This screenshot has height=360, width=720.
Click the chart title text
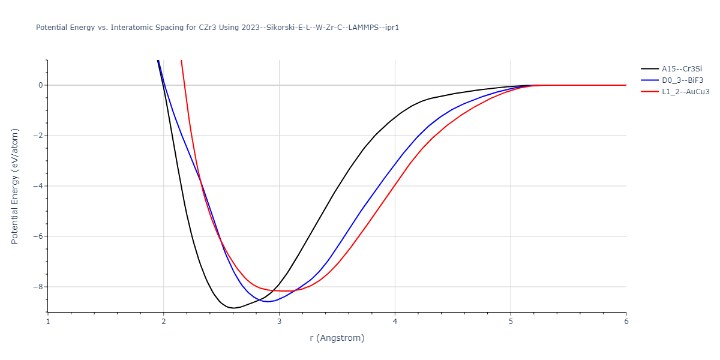coord(217,28)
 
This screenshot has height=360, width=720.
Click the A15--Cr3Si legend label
coord(682,68)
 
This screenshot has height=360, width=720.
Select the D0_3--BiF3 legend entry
coord(682,80)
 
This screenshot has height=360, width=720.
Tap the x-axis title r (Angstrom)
coord(337,338)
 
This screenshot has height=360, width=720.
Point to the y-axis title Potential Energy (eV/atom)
coord(15,186)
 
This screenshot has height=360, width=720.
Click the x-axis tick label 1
coord(48,322)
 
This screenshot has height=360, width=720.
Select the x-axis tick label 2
coord(164,322)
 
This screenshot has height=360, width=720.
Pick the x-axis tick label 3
coord(279,322)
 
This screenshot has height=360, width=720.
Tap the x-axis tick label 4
coord(395,322)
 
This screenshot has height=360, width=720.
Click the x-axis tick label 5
coord(511,322)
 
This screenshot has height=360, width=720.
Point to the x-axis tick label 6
coord(626,322)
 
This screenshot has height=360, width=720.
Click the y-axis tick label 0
coord(40,85)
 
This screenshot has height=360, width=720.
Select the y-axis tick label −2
coord(37,136)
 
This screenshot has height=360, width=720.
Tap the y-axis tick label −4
coord(37,186)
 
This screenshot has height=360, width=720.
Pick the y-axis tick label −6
coord(37,236)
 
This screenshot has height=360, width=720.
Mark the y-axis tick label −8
coord(37,287)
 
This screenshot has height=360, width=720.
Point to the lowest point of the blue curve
coord(268,301)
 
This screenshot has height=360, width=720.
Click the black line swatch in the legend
coord(649,68)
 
